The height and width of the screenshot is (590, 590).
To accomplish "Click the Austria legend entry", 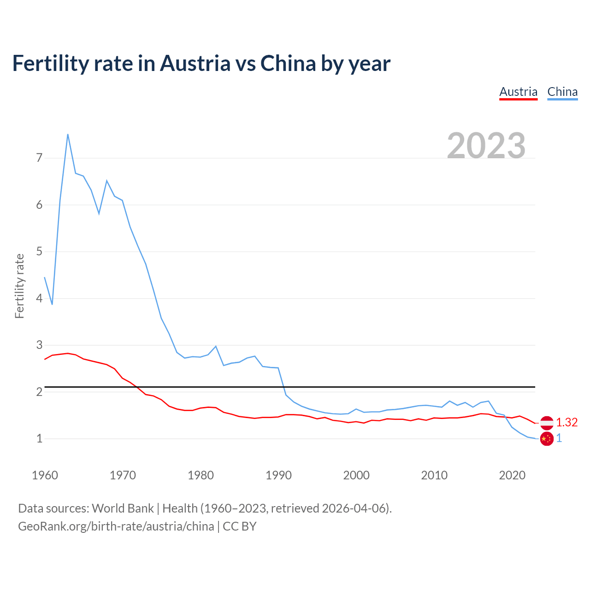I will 518,92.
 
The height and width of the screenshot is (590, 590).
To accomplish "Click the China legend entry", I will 562,92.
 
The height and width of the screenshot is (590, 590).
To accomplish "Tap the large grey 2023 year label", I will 486,145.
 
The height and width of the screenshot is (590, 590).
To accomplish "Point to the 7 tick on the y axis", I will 39,158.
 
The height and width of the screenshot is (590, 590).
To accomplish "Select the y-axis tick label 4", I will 39,298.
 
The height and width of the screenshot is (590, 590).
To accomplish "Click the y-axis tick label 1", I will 39,438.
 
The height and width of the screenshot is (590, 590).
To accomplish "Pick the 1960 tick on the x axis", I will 45,475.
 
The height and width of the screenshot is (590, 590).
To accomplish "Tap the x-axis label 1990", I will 278,475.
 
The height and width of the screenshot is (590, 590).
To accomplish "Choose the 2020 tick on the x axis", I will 512,475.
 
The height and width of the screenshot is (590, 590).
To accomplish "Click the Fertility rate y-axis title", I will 19,286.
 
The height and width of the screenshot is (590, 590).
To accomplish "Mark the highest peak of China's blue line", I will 68,135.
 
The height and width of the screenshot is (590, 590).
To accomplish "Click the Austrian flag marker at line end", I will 547,422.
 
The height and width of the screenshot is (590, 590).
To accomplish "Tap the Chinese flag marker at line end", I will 547,439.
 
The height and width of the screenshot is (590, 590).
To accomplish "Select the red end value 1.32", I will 566,422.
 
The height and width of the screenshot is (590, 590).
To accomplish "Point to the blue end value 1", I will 559,438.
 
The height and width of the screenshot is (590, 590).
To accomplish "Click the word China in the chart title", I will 288,63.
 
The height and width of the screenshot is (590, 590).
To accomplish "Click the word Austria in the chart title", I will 195,63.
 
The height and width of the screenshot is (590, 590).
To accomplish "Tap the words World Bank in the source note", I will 123,508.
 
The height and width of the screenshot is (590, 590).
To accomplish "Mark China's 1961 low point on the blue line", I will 52,304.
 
